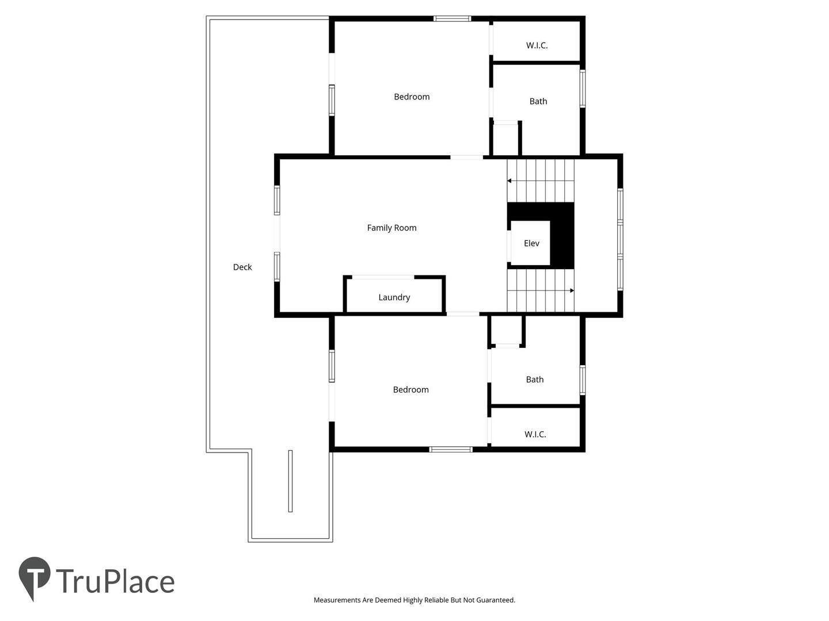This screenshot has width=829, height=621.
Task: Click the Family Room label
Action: click(391, 228)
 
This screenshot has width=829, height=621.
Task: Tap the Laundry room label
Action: click(394, 297)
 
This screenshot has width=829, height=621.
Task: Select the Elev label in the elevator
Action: click(531, 244)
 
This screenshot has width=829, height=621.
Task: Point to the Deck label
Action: click(242, 267)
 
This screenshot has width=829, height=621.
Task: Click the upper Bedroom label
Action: click(412, 97)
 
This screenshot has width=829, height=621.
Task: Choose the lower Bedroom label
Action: click(411, 390)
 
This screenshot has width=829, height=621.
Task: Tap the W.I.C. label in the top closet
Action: click(537, 45)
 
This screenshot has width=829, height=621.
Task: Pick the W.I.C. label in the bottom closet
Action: click(535, 434)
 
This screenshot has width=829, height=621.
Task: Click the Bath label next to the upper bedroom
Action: click(538, 101)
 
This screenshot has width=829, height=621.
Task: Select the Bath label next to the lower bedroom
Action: click(535, 379)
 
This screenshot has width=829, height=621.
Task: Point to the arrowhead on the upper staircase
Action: click(509, 181)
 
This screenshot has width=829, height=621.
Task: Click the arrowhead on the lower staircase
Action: click(572, 291)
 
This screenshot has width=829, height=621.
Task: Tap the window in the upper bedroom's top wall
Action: click(452, 19)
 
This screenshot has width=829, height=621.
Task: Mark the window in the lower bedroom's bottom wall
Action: click(451, 450)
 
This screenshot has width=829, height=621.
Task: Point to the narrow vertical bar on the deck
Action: click(290, 481)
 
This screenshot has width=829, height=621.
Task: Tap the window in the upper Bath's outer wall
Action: click(583, 89)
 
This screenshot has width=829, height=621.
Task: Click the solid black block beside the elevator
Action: click(562, 236)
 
